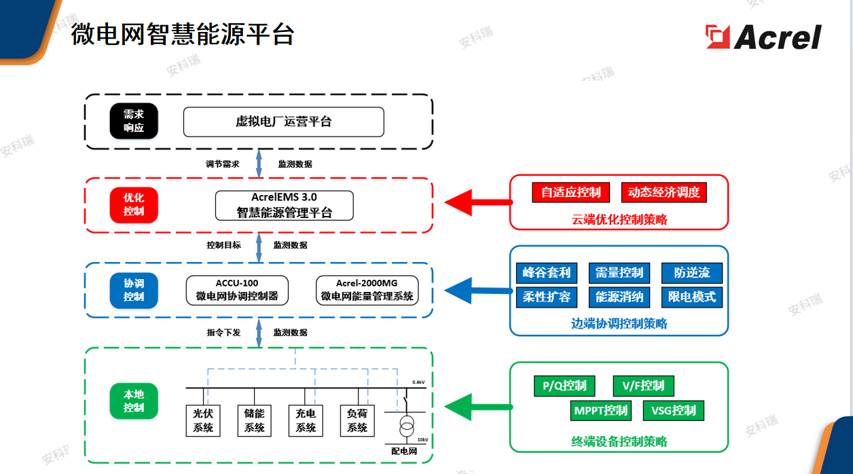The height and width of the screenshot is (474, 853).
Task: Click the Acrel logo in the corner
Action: (763, 36)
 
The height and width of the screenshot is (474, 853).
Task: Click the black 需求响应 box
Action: (134, 121)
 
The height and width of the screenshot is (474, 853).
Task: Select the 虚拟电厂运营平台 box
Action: (283, 122)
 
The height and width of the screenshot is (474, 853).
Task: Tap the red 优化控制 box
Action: (134, 204)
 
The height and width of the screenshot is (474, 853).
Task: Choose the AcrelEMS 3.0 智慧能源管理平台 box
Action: (284, 205)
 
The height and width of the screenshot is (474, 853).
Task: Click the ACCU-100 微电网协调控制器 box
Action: (237, 289)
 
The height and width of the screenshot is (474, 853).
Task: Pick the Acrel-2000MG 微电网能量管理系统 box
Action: (367, 289)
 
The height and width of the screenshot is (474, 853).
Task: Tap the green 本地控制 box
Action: (134, 401)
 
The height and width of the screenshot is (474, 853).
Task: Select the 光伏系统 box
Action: (203, 420)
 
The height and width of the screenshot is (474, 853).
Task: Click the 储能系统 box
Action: (255, 420)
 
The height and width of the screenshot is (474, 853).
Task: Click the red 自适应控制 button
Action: (570, 192)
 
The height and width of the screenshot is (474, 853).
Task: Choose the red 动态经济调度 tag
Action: (664, 192)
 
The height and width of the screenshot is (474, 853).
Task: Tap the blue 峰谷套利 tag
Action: (547, 273)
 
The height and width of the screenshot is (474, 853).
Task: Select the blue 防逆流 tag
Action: (691, 273)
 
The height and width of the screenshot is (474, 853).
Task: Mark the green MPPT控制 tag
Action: (601, 410)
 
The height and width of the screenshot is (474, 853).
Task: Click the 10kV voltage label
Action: (422, 439)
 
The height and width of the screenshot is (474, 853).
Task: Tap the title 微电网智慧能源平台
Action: (182, 33)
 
